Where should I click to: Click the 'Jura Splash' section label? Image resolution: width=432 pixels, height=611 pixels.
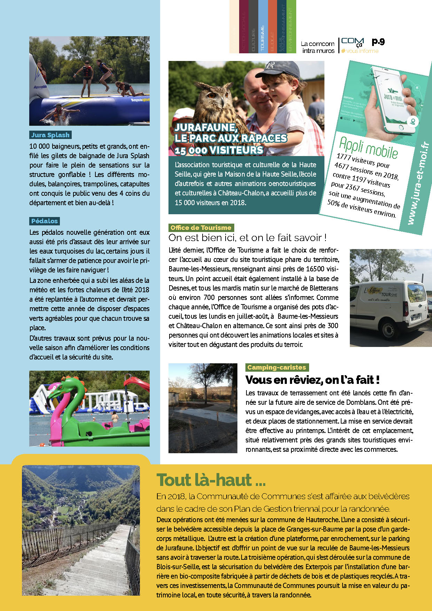tap(50, 135)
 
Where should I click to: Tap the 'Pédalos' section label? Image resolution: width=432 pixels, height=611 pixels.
tap(45, 221)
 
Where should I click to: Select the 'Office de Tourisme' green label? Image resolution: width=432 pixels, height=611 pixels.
tap(201, 228)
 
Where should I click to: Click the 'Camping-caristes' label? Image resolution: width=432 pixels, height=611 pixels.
tap(277, 368)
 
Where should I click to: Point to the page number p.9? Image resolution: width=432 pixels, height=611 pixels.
tap(378, 42)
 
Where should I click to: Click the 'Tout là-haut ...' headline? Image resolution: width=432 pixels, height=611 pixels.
tap(211, 480)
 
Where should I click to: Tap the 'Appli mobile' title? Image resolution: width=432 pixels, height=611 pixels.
tap(368, 148)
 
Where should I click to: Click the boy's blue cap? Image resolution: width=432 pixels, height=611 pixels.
tap(278, 69)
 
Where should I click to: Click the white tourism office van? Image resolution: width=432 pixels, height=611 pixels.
tap(386, 307)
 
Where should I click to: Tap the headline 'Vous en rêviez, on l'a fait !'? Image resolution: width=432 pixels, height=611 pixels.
tap(312, 380)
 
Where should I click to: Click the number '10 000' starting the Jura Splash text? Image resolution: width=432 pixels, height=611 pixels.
tap(38, 147)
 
